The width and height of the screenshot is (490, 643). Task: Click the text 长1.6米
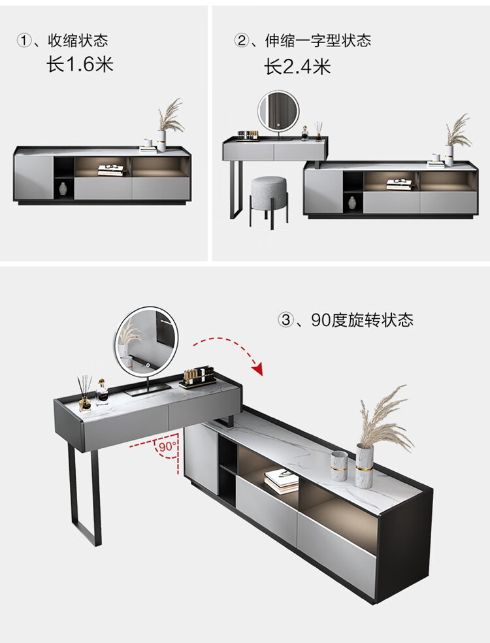(x=80, y=65)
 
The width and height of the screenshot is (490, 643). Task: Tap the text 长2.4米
(x=297, y=66)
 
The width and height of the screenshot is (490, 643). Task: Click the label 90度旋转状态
(x=363, y=320)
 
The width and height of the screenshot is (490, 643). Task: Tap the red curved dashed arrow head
(x=258, y=369)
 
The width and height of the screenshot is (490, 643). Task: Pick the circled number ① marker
(x=24, y=41)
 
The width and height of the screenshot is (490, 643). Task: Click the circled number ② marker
(x=242, y=41)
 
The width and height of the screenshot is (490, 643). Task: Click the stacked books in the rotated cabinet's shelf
(x=282, y=482)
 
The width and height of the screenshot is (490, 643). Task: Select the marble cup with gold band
(x=339, y=465)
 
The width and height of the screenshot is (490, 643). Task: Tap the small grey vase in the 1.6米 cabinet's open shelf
(x=63, y=189)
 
